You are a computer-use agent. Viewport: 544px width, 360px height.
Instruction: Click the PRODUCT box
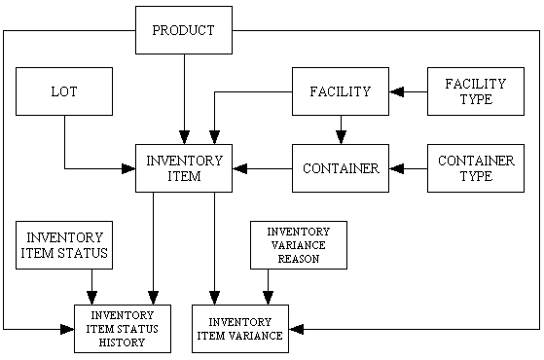183,30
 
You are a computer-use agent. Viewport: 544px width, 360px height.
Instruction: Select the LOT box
64,91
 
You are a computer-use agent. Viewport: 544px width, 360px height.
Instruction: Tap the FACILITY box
340,91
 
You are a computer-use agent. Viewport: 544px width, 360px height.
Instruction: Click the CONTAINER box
340,168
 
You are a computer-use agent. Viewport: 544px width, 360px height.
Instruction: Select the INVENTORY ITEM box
183,168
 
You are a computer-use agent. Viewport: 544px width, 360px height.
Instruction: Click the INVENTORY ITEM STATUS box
64,245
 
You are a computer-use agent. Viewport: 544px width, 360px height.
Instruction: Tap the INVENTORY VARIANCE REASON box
298,245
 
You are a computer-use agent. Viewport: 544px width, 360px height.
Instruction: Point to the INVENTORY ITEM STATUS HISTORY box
123,328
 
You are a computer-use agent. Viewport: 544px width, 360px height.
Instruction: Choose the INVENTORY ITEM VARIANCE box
239,328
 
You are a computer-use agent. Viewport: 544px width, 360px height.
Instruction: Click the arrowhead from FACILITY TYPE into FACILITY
396,92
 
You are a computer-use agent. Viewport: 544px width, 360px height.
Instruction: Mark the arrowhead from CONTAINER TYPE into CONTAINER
396,168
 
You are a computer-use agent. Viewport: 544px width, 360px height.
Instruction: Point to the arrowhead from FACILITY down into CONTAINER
340,137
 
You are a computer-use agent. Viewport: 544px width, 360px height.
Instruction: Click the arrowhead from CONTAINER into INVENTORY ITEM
239,168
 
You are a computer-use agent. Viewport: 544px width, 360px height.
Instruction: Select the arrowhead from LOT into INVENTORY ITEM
127,168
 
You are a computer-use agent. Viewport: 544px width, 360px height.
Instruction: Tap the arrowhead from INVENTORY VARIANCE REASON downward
269,298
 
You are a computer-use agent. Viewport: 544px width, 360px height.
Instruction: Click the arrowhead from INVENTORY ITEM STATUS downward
92,298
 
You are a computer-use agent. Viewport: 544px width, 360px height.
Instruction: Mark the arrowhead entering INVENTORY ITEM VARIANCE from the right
296,329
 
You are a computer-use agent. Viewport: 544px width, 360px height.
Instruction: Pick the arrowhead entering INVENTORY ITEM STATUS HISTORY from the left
67,329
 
